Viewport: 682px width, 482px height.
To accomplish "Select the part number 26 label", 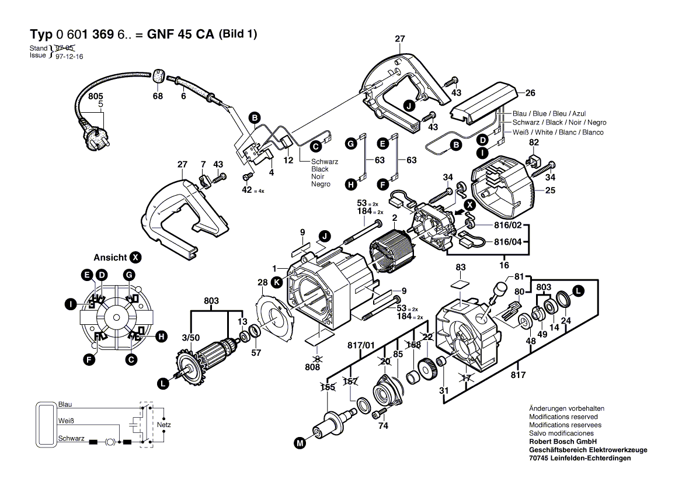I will tap(530, 93).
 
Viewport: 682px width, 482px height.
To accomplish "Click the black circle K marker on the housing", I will tap(277, 282).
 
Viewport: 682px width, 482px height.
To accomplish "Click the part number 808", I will tap(313, 367).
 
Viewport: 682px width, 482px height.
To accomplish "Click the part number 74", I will tap(382, 426).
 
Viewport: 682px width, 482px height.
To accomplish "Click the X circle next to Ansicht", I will tap(135, 257).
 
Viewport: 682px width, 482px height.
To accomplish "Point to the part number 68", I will tap(158, 96).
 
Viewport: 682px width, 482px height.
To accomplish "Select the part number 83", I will tap(461, 267).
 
